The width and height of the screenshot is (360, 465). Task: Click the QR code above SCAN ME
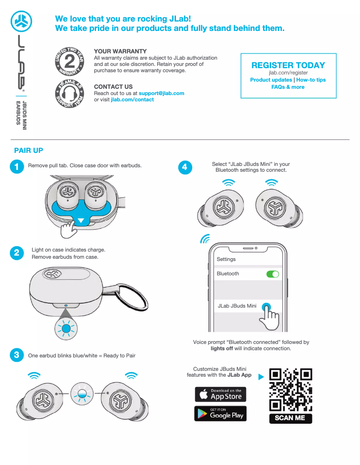[x=290, y=390]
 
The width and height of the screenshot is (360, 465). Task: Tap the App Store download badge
[x=220, y=394]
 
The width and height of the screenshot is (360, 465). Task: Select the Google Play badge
[x=220, y=413]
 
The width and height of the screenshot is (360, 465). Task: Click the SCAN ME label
[x=290, y=418]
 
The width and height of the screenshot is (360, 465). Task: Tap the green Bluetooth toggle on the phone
[x=272, y=274]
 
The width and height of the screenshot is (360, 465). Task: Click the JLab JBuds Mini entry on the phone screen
[x=237, y=306]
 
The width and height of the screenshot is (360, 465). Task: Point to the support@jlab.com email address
[x=161, y=93]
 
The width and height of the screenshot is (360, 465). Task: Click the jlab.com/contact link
[x=132, y=100]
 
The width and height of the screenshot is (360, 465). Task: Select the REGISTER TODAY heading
[x=288, y=65]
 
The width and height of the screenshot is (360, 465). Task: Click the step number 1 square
[x=16, y=167]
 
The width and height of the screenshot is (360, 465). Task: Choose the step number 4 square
[x=185, y=167]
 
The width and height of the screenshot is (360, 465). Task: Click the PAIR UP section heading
[x=29, y=150]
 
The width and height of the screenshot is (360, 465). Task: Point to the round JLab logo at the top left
[x=22, y=20]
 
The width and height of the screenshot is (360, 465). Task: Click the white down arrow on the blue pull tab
[x=81, y=221]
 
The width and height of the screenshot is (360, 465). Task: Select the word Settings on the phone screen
[x=226, y=259]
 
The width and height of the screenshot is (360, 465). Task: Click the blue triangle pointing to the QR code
[x=261, y=377]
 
